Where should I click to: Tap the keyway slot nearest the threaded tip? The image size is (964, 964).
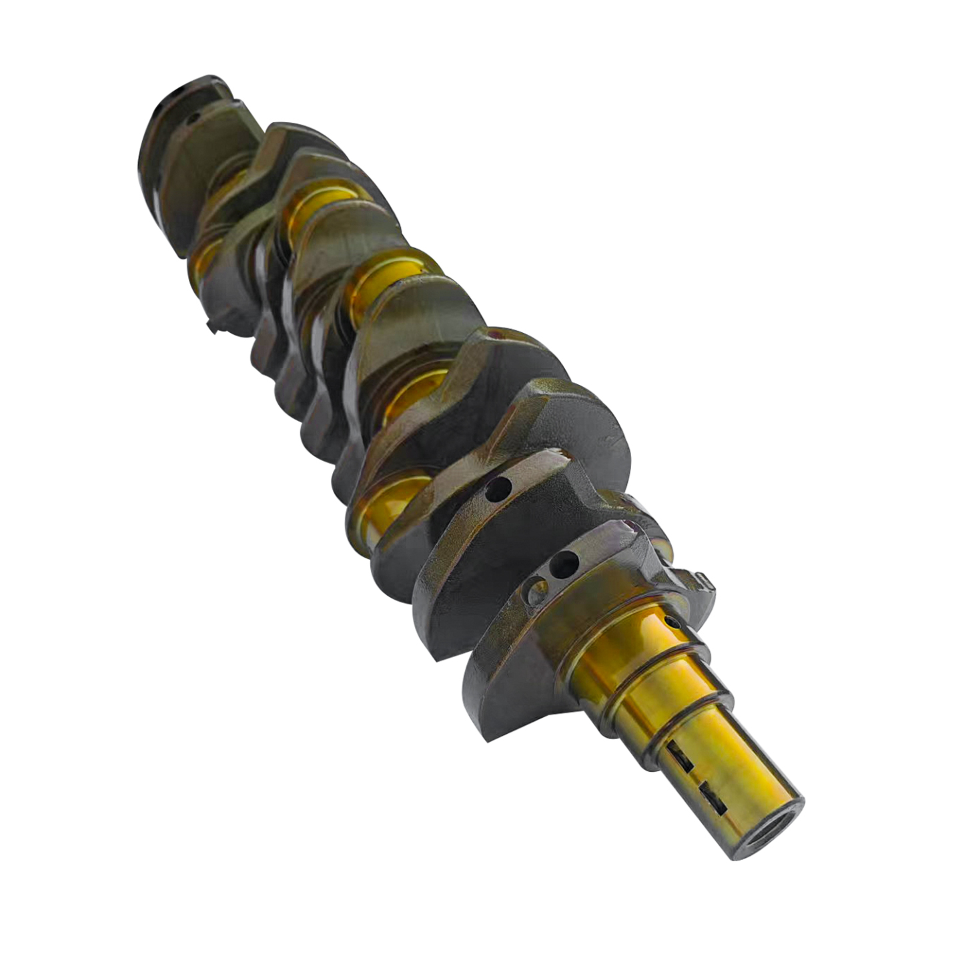[712, 797]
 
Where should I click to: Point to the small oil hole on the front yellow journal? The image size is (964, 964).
[672, 622]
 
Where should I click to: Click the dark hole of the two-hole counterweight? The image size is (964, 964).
[564, 564]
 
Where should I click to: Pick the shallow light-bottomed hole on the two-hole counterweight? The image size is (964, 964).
[536, 589]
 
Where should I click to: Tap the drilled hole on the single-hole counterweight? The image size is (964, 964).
[498, 490]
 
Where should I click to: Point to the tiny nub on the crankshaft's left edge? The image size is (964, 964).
[211, 327]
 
